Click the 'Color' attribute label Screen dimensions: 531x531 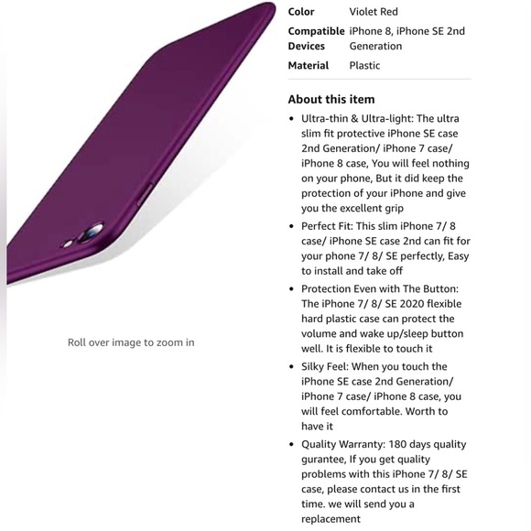point(301,12)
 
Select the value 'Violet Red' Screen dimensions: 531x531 point(374,12)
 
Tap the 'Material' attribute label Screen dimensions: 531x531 point(308,66)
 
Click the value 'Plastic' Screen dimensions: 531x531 point(364,66)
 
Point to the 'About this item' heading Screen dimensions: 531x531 point(331,99)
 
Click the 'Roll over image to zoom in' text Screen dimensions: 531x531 point(131,342)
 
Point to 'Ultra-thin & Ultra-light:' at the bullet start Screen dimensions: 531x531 point(357,119)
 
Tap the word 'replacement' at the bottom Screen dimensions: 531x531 point(331,519)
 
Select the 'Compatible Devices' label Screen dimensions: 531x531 point(315,38)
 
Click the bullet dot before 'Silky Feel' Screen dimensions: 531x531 point(291,366)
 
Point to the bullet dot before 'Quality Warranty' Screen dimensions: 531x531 point(291,444)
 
